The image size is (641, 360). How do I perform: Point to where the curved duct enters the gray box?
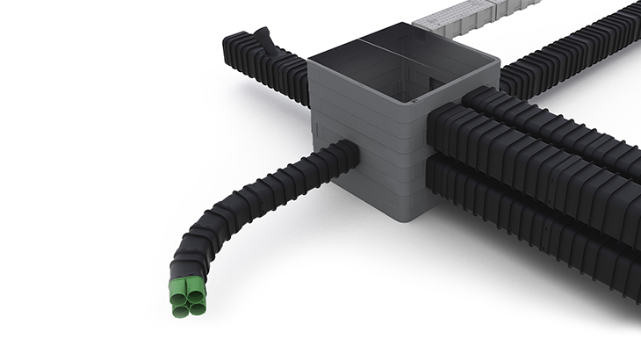coord(349,157)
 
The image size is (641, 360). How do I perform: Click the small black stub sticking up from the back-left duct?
coord(263,40)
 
